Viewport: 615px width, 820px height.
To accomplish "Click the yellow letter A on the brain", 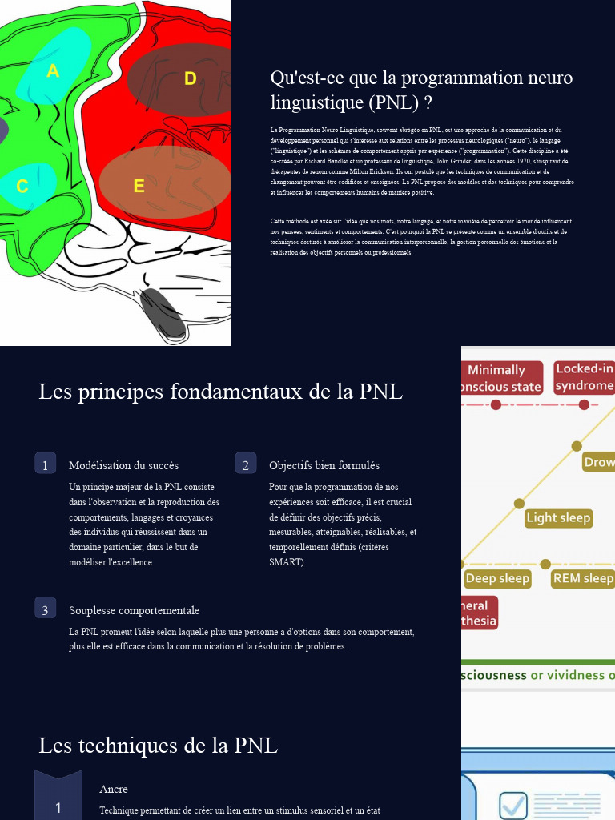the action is coord(53,71).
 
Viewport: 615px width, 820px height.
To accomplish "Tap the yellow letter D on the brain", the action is coord(190,78).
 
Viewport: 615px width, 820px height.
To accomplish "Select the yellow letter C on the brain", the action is coord(22,187).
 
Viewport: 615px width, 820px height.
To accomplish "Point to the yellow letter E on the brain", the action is coord(139,187).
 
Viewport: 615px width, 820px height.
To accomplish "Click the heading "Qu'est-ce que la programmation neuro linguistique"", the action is coord(421,90).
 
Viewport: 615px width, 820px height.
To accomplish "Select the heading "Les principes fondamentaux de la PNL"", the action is coord(220,392).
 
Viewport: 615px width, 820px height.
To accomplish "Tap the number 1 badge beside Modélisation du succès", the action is coord(45,464).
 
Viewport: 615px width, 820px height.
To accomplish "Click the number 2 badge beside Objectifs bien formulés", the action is coord(245,464).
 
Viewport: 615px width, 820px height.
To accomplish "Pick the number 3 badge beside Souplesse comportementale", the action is coord(45,609).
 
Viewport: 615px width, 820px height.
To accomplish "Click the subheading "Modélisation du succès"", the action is coord(123,465).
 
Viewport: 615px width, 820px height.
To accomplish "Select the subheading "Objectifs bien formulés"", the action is coord(324,465).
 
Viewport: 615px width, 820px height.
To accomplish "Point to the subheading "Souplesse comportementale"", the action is coord(134,610).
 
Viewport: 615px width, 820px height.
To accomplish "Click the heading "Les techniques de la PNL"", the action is coord(158,746).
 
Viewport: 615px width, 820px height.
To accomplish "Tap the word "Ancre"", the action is coord(114,790).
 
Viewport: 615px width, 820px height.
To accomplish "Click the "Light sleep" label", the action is coord(558,518).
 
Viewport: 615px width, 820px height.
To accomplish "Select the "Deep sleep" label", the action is coord(497,578).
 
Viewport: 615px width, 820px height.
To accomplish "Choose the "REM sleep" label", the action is coord(583,578).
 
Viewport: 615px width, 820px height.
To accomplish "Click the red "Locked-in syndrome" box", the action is coord(584,377).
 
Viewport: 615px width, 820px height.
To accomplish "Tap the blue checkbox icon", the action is coord(513,806).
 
